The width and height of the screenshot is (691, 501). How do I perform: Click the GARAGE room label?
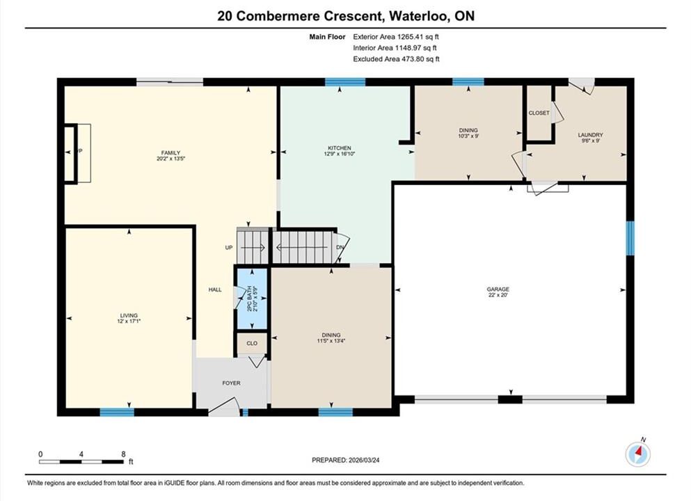tap(498, 289)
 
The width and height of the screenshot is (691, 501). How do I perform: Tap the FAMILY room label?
tap(170, 153)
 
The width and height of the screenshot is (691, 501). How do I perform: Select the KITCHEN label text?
tap(340, 148)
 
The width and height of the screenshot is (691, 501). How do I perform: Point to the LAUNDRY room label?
tap(591, 135)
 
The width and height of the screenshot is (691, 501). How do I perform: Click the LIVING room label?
tap(129, 315)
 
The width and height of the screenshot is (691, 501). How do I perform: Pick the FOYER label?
tap(231, 383)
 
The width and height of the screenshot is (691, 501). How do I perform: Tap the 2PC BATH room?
tap(253, 299)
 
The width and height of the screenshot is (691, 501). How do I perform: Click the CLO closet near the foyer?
tap(252, 343)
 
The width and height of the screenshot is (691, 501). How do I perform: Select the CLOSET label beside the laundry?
tap(539, 113)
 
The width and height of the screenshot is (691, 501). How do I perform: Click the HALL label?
tap(215, 289)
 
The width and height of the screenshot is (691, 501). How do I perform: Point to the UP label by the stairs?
tap(229, 248)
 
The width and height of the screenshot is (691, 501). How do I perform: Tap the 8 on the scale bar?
tap(123, 454)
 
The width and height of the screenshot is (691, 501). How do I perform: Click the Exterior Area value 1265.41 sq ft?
tap(418, 37)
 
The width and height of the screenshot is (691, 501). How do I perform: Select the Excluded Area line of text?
tap(396, 59)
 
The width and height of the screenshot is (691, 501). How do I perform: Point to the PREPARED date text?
tap(345, 460)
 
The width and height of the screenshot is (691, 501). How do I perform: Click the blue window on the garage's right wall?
tap(630, 238)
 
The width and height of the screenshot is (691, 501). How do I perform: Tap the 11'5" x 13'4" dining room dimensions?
tap(331, 340)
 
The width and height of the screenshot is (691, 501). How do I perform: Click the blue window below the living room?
tap(117, 413)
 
